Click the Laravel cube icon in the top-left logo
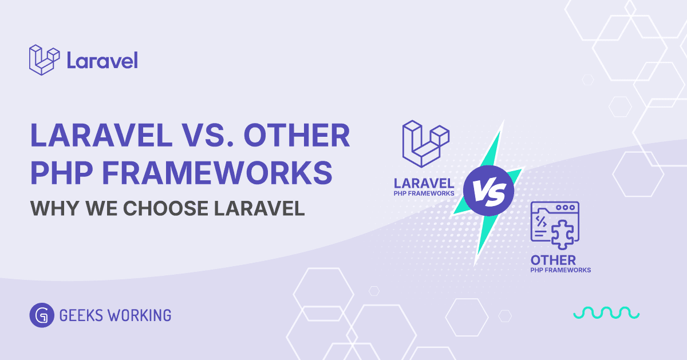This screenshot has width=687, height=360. coord(44,60)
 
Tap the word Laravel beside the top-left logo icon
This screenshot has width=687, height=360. coord(102,60)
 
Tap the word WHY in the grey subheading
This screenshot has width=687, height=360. coord(53,208)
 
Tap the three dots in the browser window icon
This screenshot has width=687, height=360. coord(566,208)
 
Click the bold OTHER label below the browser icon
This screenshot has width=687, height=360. coord(553,260)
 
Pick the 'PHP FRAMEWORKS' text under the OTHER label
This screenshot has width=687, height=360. coord(560,270)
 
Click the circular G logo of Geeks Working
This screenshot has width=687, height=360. coord(41,315)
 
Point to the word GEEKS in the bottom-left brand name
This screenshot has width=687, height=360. coord(78,315)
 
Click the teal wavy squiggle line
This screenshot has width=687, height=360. coord(606,312)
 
